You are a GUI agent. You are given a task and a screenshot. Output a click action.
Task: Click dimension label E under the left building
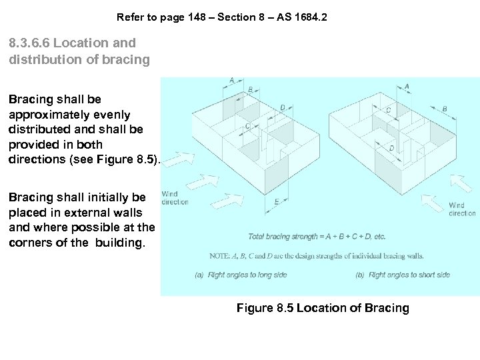point(277,201)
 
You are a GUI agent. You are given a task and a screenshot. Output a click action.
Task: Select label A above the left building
point(231,81)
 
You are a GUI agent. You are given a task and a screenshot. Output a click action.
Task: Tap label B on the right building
point(445,109)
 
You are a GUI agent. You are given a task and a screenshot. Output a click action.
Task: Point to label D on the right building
point(391,148)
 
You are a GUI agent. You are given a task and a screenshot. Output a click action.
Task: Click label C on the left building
point(247,126)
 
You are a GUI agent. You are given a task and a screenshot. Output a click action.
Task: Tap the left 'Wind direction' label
point(175,197)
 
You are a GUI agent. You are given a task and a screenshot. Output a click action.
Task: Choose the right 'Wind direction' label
point(462,209)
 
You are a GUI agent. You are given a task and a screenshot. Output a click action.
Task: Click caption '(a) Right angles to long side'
point(241,275)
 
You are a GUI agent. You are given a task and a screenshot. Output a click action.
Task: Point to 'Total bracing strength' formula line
point(317,237)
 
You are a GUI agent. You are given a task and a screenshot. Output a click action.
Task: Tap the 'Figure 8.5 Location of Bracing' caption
point(323,308)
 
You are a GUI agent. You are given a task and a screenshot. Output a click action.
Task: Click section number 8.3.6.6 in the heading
point(29,43)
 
